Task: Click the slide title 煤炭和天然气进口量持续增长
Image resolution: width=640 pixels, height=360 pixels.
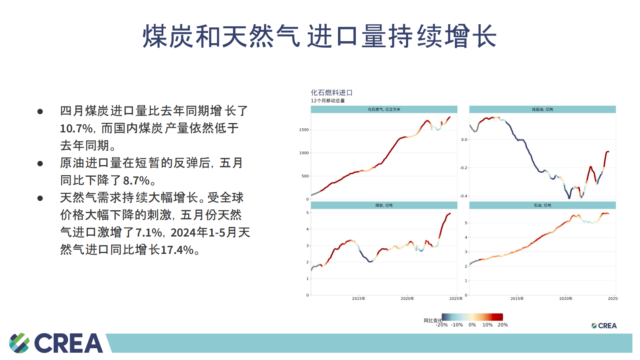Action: click(319, 36)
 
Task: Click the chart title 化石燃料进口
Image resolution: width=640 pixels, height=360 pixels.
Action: click(331, 93)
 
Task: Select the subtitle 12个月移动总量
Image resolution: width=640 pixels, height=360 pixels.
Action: click(327, 101)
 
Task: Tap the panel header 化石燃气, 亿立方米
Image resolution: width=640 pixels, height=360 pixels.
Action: click(384, 109)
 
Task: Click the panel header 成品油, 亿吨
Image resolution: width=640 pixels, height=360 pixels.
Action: click(542, 109)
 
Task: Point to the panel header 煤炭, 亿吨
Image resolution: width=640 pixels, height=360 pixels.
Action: click(384, 205)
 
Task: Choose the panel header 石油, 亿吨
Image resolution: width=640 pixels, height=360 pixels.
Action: click(542, 205)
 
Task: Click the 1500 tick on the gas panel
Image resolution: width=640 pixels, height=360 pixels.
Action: click(304, 130)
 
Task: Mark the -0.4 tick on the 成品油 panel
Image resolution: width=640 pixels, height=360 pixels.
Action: click(463, 196)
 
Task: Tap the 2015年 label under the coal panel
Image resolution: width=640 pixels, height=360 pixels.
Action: click(359, 299)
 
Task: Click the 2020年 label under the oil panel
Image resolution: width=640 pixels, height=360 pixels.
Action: click(565, 299)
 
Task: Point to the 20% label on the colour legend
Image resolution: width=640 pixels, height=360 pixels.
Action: click(502, 325)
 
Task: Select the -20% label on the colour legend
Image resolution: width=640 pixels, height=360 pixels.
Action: click(442, 325)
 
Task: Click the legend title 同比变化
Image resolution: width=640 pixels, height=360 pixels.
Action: click(432, 320)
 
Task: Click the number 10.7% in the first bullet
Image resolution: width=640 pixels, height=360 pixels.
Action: click(77, 128)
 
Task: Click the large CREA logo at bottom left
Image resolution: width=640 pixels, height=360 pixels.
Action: click(56, 343)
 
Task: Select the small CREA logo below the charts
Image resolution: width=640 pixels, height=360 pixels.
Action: click(604, 326)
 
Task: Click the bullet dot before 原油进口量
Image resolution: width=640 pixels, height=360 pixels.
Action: click(40, 163)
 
